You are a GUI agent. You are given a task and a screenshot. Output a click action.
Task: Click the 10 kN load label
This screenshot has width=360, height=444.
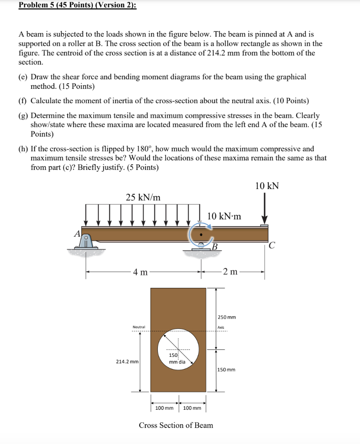pos(267,186)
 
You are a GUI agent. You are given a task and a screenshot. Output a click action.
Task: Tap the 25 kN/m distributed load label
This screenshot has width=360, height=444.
pos(143,197)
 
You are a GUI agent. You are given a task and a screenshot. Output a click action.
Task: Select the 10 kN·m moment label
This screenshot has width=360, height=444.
pos(224,216)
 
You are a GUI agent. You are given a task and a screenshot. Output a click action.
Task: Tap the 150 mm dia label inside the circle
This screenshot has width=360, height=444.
pos(176,358)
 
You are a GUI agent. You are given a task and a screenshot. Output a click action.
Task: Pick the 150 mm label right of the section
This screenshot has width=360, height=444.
pos(226,370)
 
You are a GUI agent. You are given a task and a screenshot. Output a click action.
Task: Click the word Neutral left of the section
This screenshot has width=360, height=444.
pos(139,327)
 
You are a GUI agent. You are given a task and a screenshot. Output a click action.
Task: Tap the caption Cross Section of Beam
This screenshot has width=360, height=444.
pos(176,425)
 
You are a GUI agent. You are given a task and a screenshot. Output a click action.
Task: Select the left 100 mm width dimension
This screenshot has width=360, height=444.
pos(164,408)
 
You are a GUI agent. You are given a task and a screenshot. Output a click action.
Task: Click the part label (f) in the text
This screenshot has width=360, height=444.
pos(22,101)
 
